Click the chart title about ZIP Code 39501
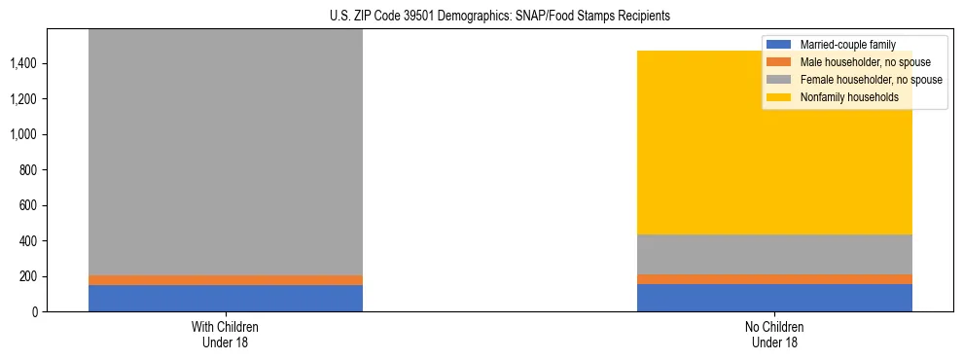tap(481, 17)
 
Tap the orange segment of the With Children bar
tap(226, 280)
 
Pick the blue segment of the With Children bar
tap(226, 298)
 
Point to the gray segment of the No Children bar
tap(774, 254)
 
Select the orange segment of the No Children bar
tap(774, 279)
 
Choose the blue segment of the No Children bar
tap(774, 298)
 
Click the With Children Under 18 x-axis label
tap(226, 334)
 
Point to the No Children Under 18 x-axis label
tap(774, 334)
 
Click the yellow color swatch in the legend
tap(779, 97)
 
